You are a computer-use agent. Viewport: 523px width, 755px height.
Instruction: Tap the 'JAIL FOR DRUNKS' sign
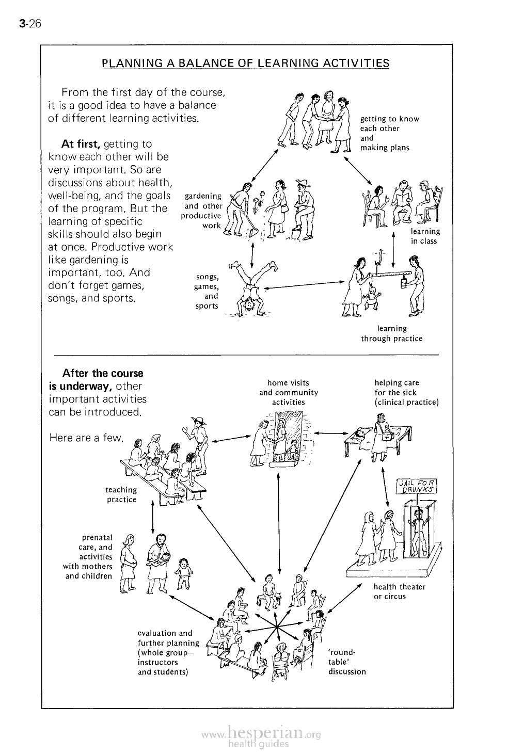pos(416,486)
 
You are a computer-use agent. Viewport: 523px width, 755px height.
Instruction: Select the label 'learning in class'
pos(425,236)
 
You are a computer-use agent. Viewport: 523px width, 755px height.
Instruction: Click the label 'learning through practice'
pos(392,333)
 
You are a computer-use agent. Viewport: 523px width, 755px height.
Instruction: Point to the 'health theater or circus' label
pos(399,591)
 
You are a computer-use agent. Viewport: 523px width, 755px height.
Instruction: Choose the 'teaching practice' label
pos(121,494)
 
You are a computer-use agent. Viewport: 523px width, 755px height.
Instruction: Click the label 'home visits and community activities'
pos(289,392)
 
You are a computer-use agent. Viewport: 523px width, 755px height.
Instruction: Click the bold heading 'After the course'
pos(102,373)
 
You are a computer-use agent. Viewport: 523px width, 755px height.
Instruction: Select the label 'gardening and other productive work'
pos(202,211)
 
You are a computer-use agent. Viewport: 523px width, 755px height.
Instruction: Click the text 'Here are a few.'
pos(86,438)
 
